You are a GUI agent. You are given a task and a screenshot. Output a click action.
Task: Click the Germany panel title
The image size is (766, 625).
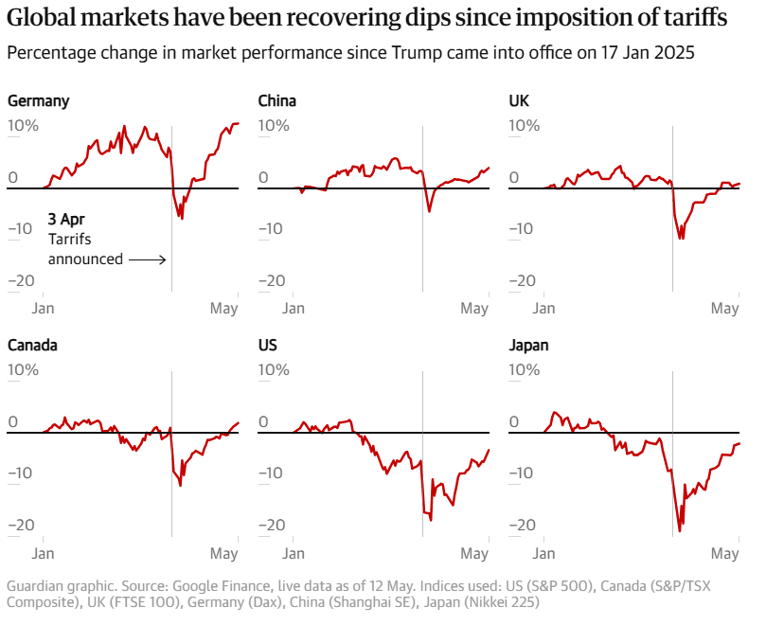tap(38, 100)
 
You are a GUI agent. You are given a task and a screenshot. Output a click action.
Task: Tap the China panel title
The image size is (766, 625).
tap(277, 100)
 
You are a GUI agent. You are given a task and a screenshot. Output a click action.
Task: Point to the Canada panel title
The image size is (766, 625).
tap(32, 346)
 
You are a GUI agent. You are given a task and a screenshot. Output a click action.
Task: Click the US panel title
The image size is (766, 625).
tap(267, 346)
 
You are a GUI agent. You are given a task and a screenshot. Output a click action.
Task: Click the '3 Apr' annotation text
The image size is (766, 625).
tap(66, 221)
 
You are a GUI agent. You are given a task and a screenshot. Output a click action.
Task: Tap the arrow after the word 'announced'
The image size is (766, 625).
tap(148, 259)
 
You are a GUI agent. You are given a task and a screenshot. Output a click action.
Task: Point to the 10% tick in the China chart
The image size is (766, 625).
tap(274, 126)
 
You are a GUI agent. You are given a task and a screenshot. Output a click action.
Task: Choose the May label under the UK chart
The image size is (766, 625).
tap(724, 309)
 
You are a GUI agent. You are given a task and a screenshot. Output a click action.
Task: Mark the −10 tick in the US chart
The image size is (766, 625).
tap(273, 473)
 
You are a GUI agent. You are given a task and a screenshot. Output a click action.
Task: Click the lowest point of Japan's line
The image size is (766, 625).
tap(680, 531)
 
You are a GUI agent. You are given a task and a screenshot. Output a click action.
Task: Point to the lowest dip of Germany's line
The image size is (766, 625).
tap(181, 219)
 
